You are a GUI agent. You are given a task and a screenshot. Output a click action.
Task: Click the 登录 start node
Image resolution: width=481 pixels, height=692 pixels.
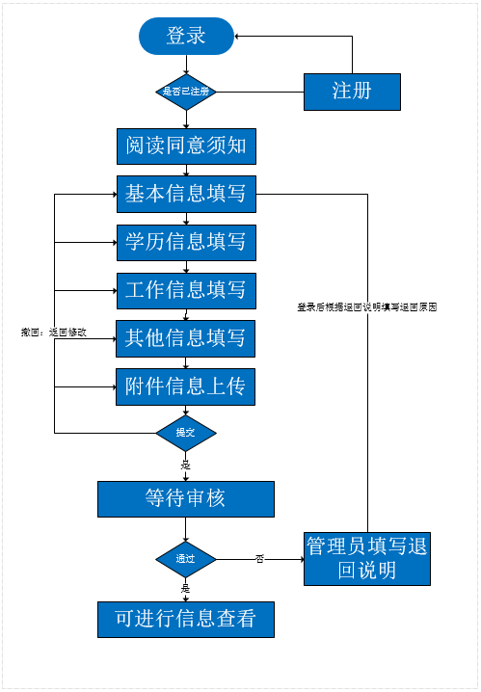pyautogui.click(x=186, y=37)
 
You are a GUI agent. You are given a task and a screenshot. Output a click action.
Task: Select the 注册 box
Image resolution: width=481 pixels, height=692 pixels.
pyautogui.click(x=352, y=93)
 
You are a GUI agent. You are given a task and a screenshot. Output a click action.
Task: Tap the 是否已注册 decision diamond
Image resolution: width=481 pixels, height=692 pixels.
pyautogui.click(x=185, y=93)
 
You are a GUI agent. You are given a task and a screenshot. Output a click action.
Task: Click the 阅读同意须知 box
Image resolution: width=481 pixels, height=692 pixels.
pyautogui.click(x=186, y=146)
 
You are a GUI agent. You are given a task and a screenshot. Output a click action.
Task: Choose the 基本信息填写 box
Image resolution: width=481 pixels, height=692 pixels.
pyautogui.click(x=186, y=195)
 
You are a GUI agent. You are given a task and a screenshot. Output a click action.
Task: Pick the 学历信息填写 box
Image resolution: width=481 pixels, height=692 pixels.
pyautogui.click(x=186, y=242)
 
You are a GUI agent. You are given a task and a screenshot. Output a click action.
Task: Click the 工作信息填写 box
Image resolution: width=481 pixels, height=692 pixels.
pyautogui.click(x=186, y=289)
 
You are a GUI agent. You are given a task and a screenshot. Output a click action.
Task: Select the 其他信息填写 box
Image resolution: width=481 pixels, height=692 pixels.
pyautogui.click(x=186, y=338)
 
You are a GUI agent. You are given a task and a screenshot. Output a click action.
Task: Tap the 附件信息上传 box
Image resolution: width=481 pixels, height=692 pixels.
pyautogui.click(x=186, y=386)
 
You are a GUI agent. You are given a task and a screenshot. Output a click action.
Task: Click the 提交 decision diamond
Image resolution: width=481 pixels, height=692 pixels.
pyautogui.click(x=186, y=433)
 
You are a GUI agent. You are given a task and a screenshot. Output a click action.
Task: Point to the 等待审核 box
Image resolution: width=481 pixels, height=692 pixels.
pyautogui.click(x=186, y=498)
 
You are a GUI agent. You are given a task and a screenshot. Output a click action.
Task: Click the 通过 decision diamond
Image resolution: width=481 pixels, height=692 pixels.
pyautogui.click(x=186, y=559)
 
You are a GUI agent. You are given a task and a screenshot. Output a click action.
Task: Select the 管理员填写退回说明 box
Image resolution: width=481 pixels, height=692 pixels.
pyautogui.click(x=366, y=558)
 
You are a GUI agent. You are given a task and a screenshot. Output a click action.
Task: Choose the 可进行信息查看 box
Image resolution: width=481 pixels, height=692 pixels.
pyautogui.click(x=186, y=619)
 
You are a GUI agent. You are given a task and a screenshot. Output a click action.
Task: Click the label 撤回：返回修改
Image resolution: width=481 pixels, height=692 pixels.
pyautogui.click(x=54, y=333)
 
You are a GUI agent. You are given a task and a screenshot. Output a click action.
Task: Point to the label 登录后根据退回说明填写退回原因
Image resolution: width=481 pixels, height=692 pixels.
pyautogui.click(x=367, y=306)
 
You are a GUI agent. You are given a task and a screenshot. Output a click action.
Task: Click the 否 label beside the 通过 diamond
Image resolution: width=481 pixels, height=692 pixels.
pyautogui.click(x=259, y=558)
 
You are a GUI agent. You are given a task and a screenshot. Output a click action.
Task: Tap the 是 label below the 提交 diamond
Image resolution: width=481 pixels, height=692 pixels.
pyautogui.click(x=186, y=465)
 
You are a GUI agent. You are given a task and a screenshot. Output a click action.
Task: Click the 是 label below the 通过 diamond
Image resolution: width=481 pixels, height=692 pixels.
pyautogui.click(x=186, y=587)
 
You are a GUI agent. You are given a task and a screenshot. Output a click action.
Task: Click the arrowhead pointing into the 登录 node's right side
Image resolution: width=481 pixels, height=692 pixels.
pyautogui.click(x=239, y=37)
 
